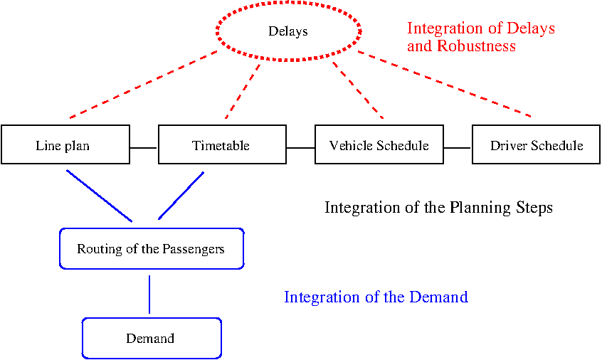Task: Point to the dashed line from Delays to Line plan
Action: click(x=144, y=85)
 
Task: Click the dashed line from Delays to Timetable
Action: click(x=243, y=91)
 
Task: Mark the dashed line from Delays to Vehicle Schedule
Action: click(x=358, y=90)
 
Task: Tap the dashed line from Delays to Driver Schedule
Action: click(x=445, y=84)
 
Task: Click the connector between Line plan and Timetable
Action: click(x=144, y=148)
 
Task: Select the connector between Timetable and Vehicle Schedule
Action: click(x=300, y=148)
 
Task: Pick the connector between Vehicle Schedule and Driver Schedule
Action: click(x=458, y=148)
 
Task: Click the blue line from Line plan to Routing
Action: click(x=100, y=196)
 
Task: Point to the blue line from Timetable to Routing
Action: click(x=181, y=196)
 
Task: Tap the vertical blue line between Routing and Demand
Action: click(x=149, y=295)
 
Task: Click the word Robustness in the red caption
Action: click(x=477, y=46)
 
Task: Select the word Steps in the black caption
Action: click(x=534, y=208)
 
